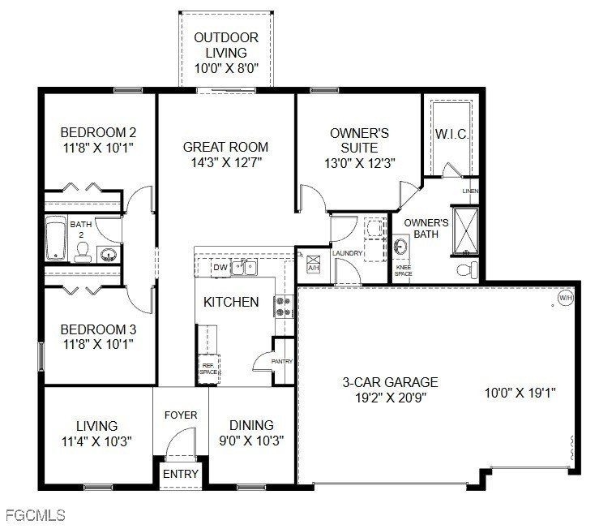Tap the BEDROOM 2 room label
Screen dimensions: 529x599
[x=98, y=132]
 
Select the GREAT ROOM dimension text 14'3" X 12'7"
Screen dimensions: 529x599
[x=225, y=162]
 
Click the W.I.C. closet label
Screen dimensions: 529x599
[x=451, y=134]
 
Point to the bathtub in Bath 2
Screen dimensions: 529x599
[x=56, y=239]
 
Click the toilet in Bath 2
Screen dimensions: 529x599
[x=82, y=255]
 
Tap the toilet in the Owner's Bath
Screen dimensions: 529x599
[x=465, y=268]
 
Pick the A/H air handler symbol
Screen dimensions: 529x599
[x=314, y=266]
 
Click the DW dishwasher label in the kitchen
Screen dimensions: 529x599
[x=220, y=267]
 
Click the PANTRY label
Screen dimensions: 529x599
[x=282, y=362]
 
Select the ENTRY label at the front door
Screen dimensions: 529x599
[x=180, y=474]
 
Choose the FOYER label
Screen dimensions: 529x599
[x=181, y=415]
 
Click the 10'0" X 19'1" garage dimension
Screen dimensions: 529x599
[x=520, y=393]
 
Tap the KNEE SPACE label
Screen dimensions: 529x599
[x=403, y=271]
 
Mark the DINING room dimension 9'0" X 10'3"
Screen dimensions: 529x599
[x=251, y=441]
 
